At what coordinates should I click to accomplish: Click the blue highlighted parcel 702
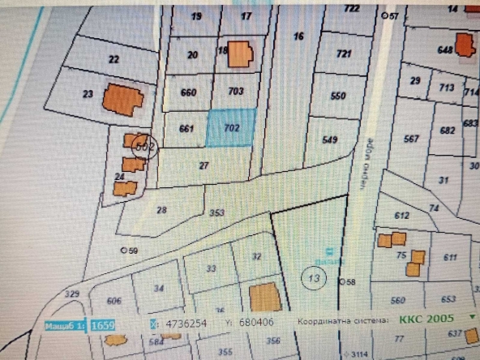(230, 127)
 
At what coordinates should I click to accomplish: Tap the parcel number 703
(235, 92)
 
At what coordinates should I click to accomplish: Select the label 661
(186, 128)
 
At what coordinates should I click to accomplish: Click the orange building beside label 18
(241, 54)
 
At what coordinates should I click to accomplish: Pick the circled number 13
(312, 278)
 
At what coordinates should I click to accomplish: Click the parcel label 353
(216, 213)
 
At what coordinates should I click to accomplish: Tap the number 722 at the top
(351, 8)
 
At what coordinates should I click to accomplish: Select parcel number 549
(329, 139)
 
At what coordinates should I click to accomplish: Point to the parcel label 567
(411, 139)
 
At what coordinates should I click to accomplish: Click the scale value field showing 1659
(102, 324)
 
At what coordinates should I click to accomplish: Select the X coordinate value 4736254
(186, 324)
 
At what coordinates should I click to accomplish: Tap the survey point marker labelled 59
(124, 250)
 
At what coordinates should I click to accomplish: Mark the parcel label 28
(161, 210)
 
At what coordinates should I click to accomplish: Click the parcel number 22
(114, 58)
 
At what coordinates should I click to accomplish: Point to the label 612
(401, 216)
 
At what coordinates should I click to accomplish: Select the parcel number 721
(344, 54)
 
